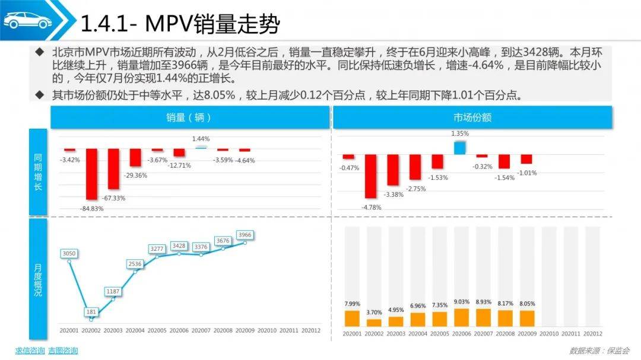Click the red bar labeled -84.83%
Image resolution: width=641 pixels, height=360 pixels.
(91, 174)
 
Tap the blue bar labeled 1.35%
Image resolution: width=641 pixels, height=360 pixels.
(460, 148)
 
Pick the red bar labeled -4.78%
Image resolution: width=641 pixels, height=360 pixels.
(370, 176)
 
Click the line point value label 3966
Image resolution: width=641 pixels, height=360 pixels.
(245, 235)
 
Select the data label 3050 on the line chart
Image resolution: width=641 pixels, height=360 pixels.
(69, 254)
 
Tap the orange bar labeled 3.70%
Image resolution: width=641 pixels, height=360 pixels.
(374, 323)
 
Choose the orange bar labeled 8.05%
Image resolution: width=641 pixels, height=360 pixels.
(526, 318)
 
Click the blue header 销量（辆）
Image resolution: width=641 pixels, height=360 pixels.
(189, 117)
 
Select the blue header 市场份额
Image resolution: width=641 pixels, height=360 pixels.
(472, 117)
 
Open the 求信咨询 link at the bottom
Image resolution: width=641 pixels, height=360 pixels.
(30, 351)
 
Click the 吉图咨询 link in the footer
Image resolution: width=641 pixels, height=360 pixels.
(63, 351)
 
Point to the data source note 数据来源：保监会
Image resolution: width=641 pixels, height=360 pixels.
(599, 351)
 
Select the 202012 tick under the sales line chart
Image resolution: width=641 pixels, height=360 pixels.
(311, 330)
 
